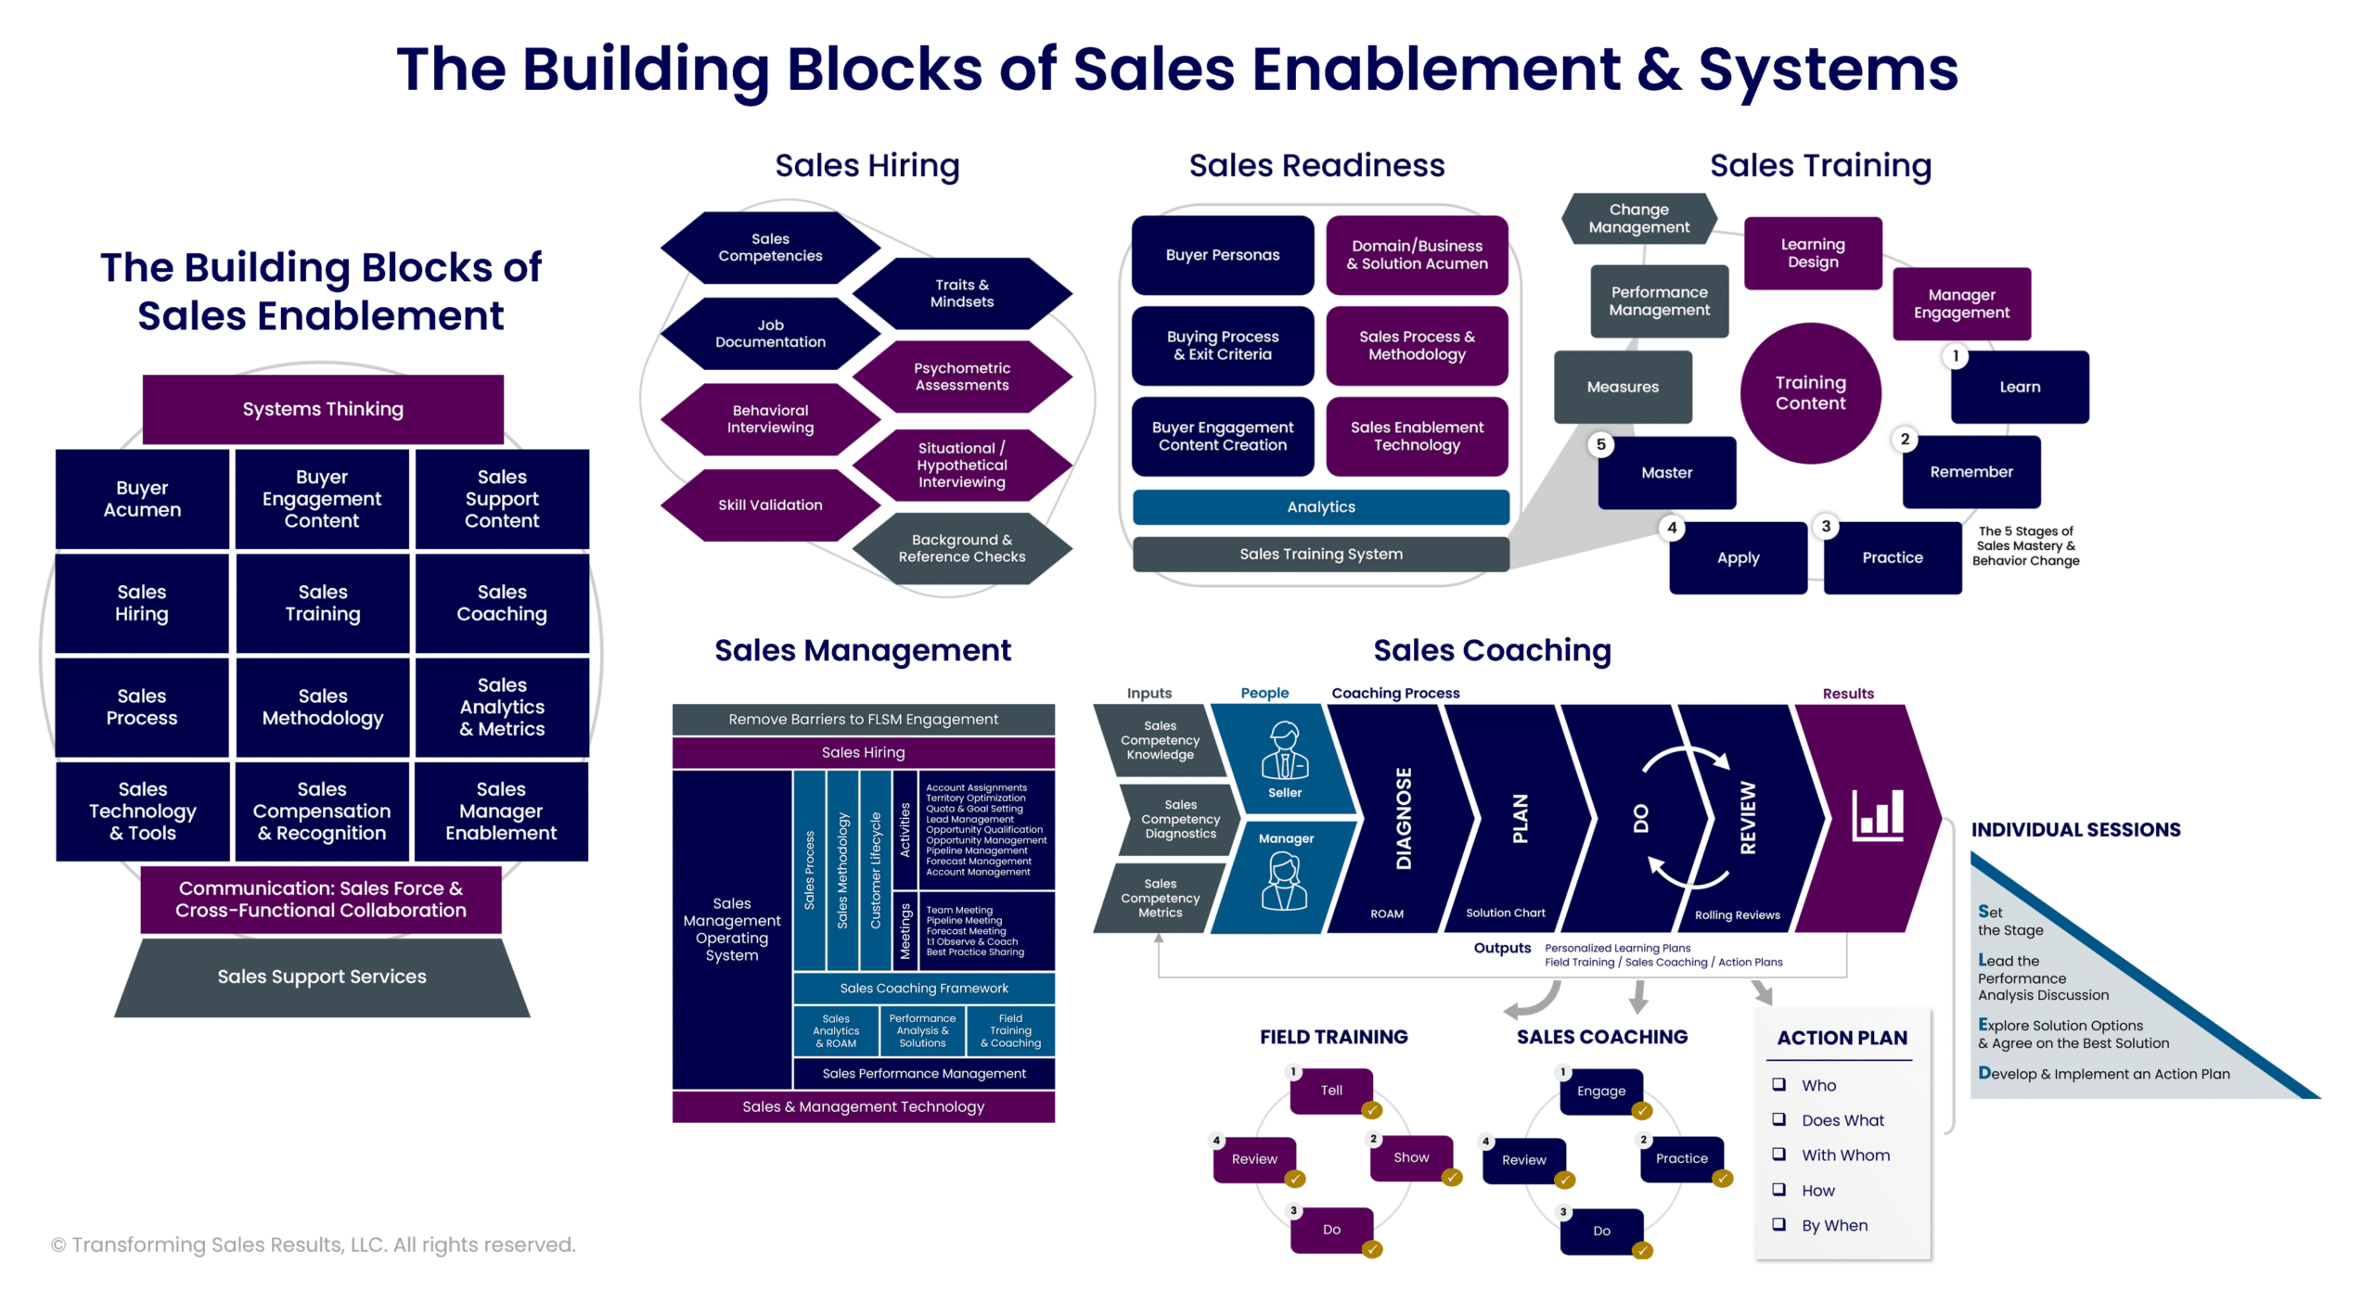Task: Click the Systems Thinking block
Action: click(x=323, y=409)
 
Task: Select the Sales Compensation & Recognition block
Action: click(x=322, y=811)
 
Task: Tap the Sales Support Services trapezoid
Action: click(x=322, y=977)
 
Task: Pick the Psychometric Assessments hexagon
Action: click(x=962, y=377)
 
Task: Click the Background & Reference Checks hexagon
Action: click(x=962, y=548)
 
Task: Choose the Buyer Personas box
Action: click(x=1222, y=255)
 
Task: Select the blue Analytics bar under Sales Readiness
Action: click(x=1320, y=507)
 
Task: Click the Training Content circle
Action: click(x=1810, y=393)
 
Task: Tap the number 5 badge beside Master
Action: click(x=1600, y=444)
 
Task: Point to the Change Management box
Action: click(x=1638, y=219)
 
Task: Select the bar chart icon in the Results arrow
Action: click(x=1878, y=815)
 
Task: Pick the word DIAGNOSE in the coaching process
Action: click(x=1404, y=818)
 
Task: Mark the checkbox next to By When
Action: click(x=1778, y=1224)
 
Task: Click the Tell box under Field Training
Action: click(x=1331, y=1091)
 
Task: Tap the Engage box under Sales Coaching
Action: click(x=1600, y=1092)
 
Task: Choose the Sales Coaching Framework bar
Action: click(x=924, y=989)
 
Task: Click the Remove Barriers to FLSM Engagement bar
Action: click(x=863, y=720)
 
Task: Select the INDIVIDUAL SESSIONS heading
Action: click(x=2075, y=830)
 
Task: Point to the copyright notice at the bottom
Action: click(x=314, y=1245)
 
